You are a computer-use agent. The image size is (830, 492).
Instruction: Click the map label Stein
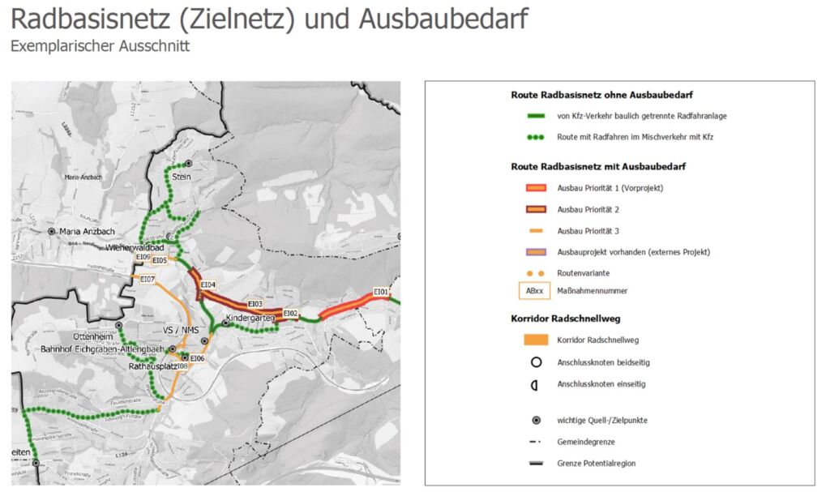[x=182, y=176]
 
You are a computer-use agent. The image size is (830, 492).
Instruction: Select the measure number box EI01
[x=381, y=292]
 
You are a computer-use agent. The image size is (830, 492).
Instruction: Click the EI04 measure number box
[x=207, y=285]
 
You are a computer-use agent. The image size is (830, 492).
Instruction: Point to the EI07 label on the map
[x=148, y=279]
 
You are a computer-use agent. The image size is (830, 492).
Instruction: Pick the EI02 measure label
[x=291, y=313]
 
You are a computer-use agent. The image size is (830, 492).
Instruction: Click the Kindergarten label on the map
[x=252, y=319]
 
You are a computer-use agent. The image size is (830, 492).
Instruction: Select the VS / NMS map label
[x=181, y=330]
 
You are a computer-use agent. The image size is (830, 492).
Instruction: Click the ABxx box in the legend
[x=535, y=291]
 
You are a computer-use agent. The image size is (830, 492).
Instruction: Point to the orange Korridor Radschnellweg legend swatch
[x=535, y=340]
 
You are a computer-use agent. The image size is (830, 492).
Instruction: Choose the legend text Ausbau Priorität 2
[x=588, y=209]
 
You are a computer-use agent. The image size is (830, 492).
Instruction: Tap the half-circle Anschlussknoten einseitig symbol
[x=535, y=384]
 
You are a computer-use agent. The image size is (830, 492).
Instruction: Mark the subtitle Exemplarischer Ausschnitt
[x=100, y=46]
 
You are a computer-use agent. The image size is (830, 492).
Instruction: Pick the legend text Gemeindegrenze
[x=586, y=442]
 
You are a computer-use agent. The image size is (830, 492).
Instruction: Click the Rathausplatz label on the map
[x=153, y=366]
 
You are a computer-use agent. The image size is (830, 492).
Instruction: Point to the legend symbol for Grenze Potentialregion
[x=535, y=463]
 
